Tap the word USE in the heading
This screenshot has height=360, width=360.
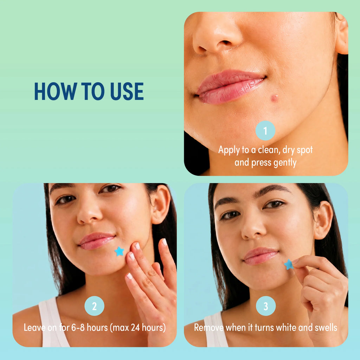point(127,91)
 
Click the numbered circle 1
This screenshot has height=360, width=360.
point(265,130)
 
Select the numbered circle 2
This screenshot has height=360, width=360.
point(94,306)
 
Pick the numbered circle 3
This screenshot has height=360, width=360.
point(266,306)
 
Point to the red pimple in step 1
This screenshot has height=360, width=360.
point(274,98)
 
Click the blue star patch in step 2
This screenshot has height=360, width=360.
point(120,251)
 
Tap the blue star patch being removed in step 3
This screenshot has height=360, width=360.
point(289,264)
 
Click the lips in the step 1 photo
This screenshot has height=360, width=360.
point(230,86)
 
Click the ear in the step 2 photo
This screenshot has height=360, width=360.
point(161,204)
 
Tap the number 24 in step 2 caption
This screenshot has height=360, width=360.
point(135,327)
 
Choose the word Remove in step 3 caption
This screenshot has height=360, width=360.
point(208,327)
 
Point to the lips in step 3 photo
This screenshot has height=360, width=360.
point(261,256)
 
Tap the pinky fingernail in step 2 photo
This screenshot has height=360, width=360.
point(165,242)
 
